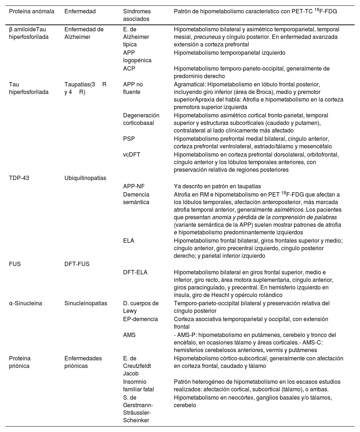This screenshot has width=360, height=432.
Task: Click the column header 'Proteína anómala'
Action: [32, 11]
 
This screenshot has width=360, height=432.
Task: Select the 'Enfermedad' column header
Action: [80, 11]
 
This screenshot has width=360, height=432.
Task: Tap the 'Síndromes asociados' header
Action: [137, 15]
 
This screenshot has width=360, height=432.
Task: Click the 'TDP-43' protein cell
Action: [19, 178]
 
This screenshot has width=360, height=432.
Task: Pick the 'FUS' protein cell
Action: [15, 264]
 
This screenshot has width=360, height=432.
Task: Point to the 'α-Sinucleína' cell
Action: [26, 303]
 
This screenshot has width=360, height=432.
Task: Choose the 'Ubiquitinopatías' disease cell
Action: [85, 178]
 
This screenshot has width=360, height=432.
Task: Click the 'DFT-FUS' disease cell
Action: [77, 264]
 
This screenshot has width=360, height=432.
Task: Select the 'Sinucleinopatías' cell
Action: [86, 303]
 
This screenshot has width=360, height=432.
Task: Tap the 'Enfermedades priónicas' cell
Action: [83, 362]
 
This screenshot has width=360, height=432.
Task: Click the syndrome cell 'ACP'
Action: [129, 68]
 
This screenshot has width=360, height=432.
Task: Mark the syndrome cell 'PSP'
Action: [129, 139]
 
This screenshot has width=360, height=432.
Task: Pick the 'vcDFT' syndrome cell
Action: [132, 154]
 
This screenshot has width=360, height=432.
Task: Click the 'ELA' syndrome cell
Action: [129, 240]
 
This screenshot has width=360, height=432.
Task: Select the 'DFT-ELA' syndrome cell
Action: [135, 273]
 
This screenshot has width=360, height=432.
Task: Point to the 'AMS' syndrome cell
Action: [129, 335]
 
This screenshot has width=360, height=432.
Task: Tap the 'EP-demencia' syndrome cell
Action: [140, 319]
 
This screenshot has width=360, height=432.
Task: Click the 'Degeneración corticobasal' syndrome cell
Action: [141, 119]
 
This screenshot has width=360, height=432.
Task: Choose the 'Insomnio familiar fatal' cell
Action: [139, 385]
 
